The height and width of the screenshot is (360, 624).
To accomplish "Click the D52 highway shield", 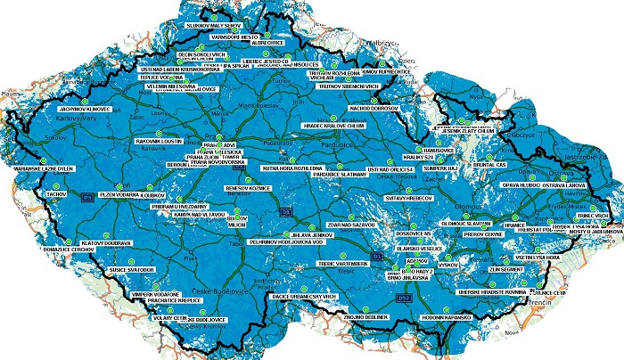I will (x=404, y=297).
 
